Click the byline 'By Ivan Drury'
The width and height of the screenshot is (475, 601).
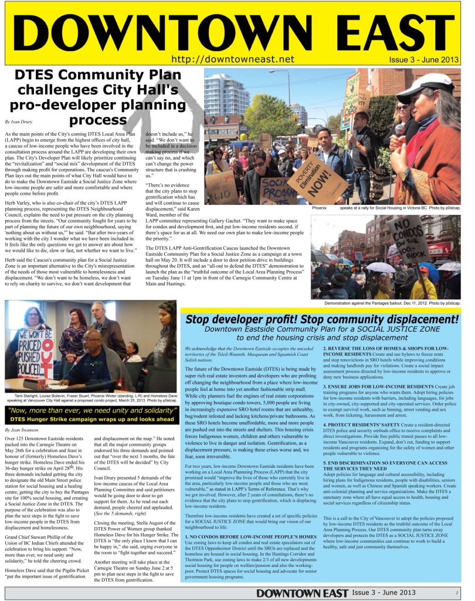pos(16,122)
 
